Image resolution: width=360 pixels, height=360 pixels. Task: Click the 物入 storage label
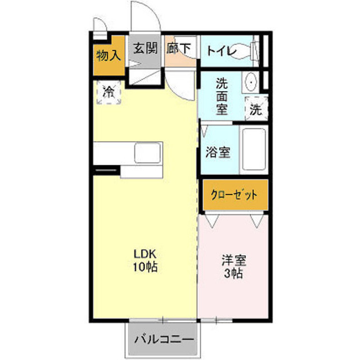109,56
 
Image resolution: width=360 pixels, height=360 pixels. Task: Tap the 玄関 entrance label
145,48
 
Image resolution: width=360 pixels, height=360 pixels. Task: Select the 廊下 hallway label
179,48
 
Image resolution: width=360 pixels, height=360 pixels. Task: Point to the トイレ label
221,51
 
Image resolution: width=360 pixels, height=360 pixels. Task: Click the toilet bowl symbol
246,51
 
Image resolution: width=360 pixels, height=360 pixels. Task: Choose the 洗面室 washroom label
222,96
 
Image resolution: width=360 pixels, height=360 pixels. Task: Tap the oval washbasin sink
250,82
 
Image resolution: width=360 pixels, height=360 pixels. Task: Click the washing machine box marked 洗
256,109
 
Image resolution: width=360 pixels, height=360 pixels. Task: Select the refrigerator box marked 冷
109,92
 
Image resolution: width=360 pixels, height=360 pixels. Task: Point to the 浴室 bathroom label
218,152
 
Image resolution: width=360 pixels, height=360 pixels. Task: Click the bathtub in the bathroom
254,149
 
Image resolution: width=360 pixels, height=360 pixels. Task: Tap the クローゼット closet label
234,195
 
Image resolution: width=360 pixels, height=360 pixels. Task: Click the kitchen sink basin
147,152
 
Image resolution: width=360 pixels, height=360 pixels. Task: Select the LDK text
145,254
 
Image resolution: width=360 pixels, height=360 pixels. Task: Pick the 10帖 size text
145,267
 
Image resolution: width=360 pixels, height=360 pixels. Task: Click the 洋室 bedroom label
234,260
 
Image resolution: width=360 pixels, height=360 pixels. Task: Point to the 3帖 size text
233,273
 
